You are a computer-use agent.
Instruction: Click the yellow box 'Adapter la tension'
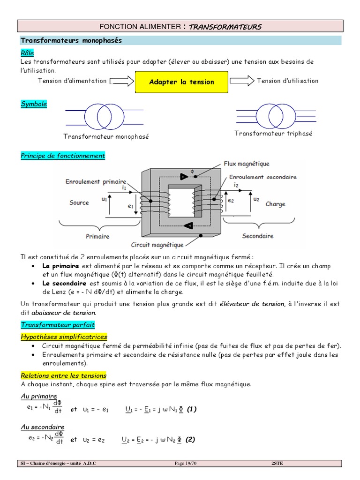[181, 82]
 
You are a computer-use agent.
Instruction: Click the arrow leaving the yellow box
[242, 81]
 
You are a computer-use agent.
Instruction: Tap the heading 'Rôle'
[27, 53]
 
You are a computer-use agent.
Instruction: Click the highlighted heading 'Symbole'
[34, 104]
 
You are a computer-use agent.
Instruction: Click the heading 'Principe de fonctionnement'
[63, 156]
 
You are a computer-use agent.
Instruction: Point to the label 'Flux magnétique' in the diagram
[246, 164]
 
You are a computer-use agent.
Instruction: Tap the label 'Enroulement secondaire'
[262, 177]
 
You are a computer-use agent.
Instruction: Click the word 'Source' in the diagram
[79, 202]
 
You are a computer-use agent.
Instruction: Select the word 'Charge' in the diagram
[275, 204]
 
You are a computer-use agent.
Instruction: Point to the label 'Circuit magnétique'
[157, 245]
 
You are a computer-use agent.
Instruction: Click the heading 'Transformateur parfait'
[58, 324]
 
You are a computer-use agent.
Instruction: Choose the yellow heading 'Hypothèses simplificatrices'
[64, 337]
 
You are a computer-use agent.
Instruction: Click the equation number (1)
[191, 409]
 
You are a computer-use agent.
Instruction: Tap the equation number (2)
[190, 440]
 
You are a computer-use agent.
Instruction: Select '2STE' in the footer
[277, 464]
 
